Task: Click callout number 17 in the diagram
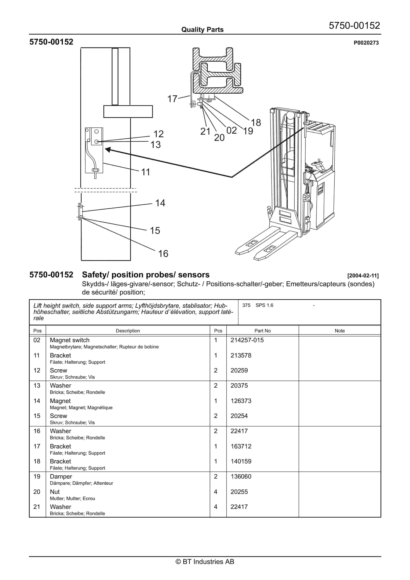[172, 99]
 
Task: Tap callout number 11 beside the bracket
[146, 172]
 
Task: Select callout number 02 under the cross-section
[232, 130]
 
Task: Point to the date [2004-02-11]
[363, 276]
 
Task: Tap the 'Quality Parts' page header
[202, 30]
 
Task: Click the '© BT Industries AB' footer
[205, 562]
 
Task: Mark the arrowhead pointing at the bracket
[108, 150]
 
